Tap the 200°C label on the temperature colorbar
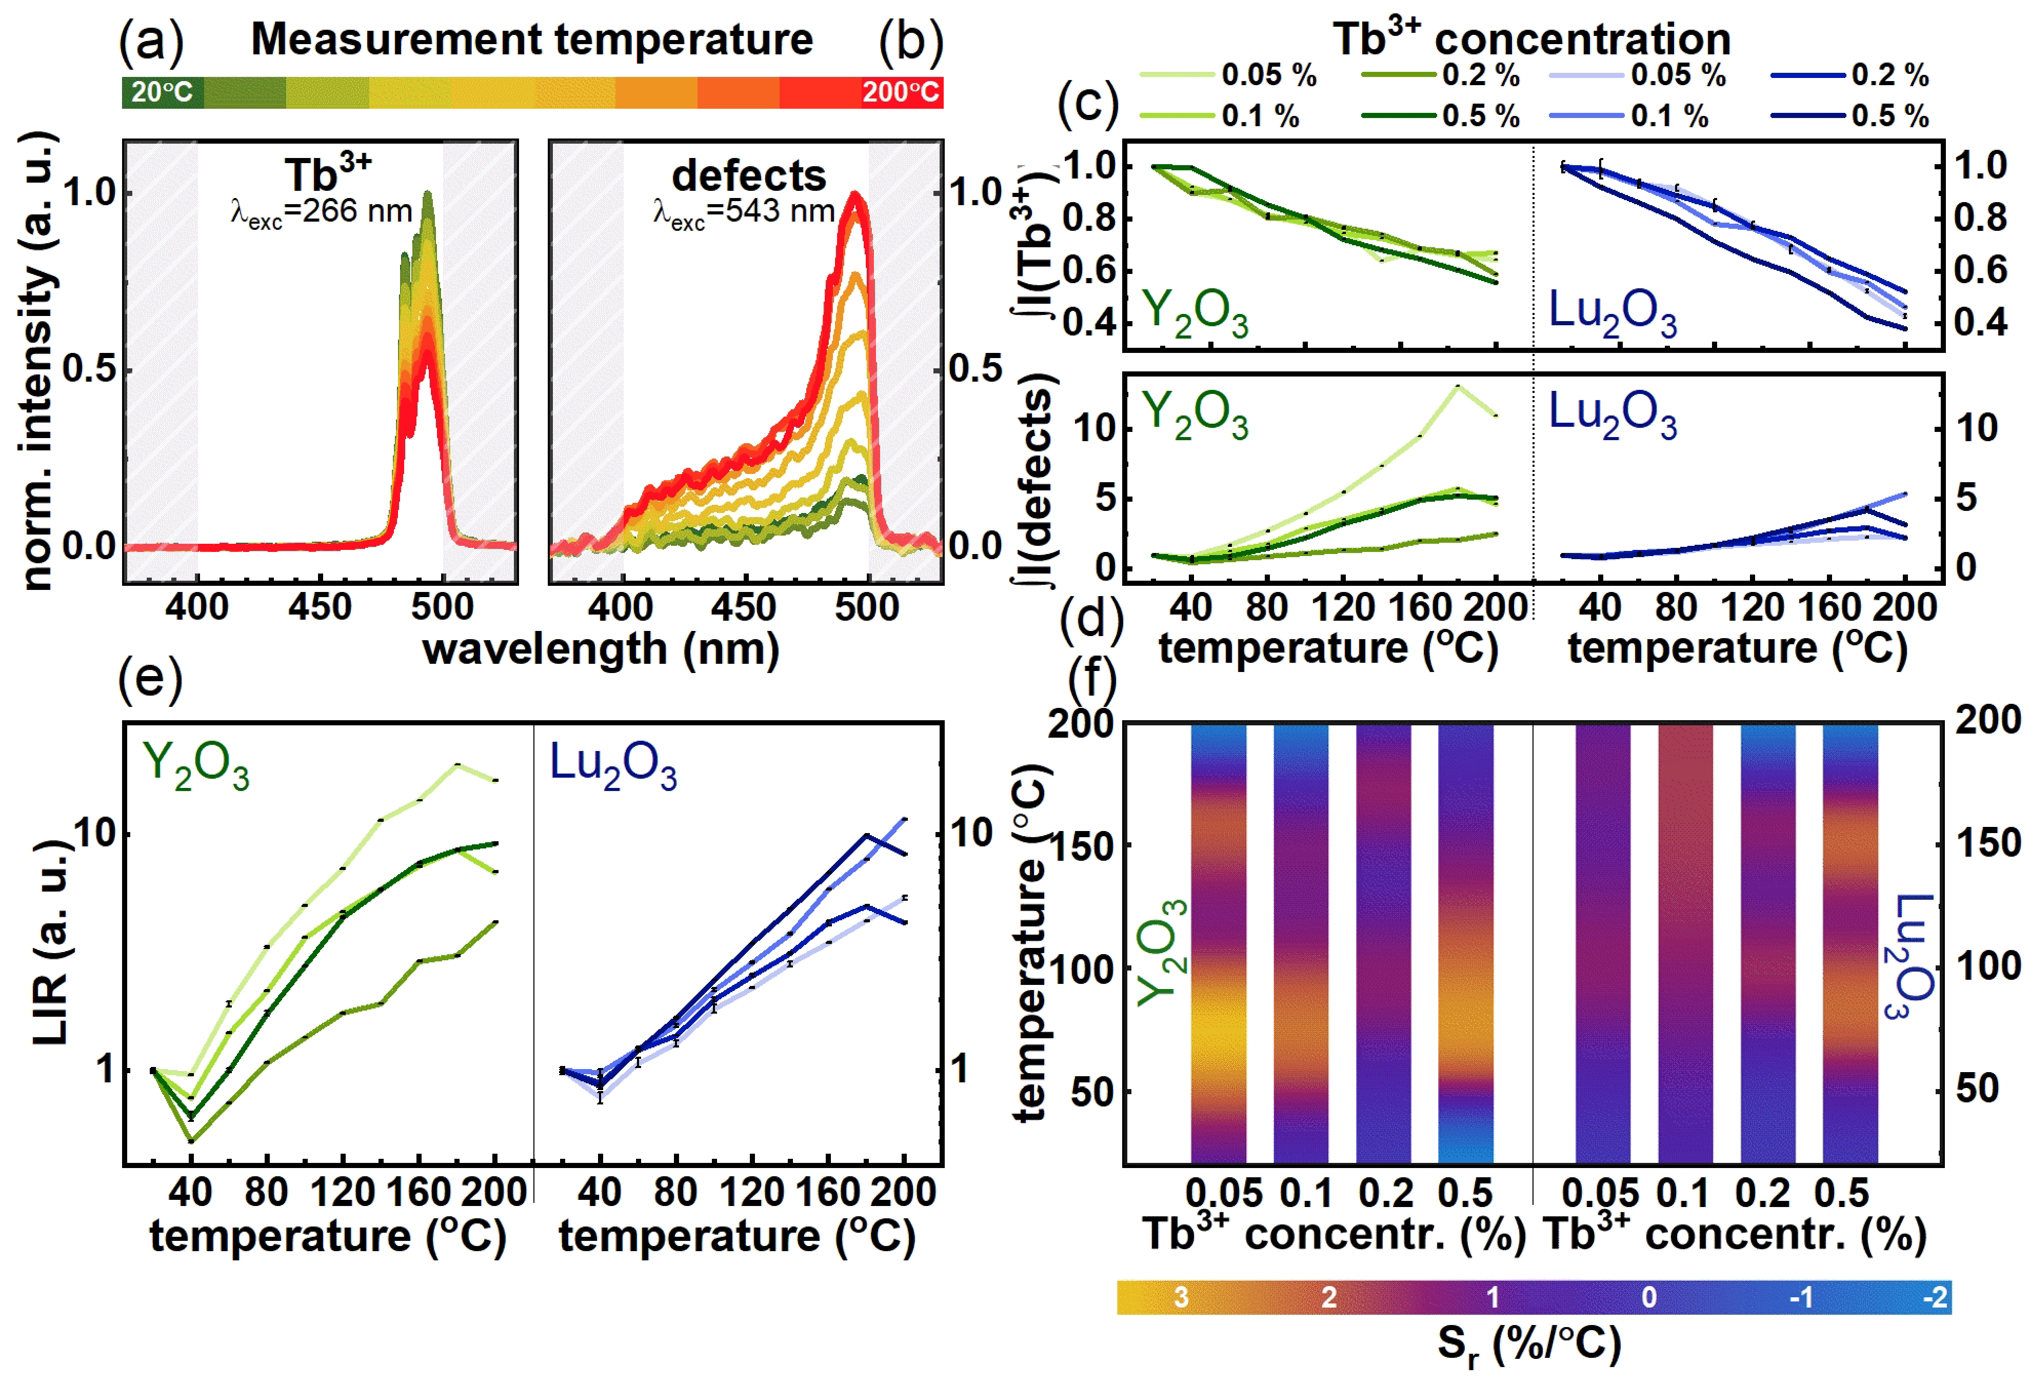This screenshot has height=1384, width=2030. point(901,92)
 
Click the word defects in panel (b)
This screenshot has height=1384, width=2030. point(749,175)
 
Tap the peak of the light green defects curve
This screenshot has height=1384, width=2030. point(1457,385)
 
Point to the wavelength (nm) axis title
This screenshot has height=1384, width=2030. point(601,649)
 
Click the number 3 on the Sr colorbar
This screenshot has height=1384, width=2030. point(1181,1297)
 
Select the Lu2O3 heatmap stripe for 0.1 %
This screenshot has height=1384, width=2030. point(1685,944)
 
